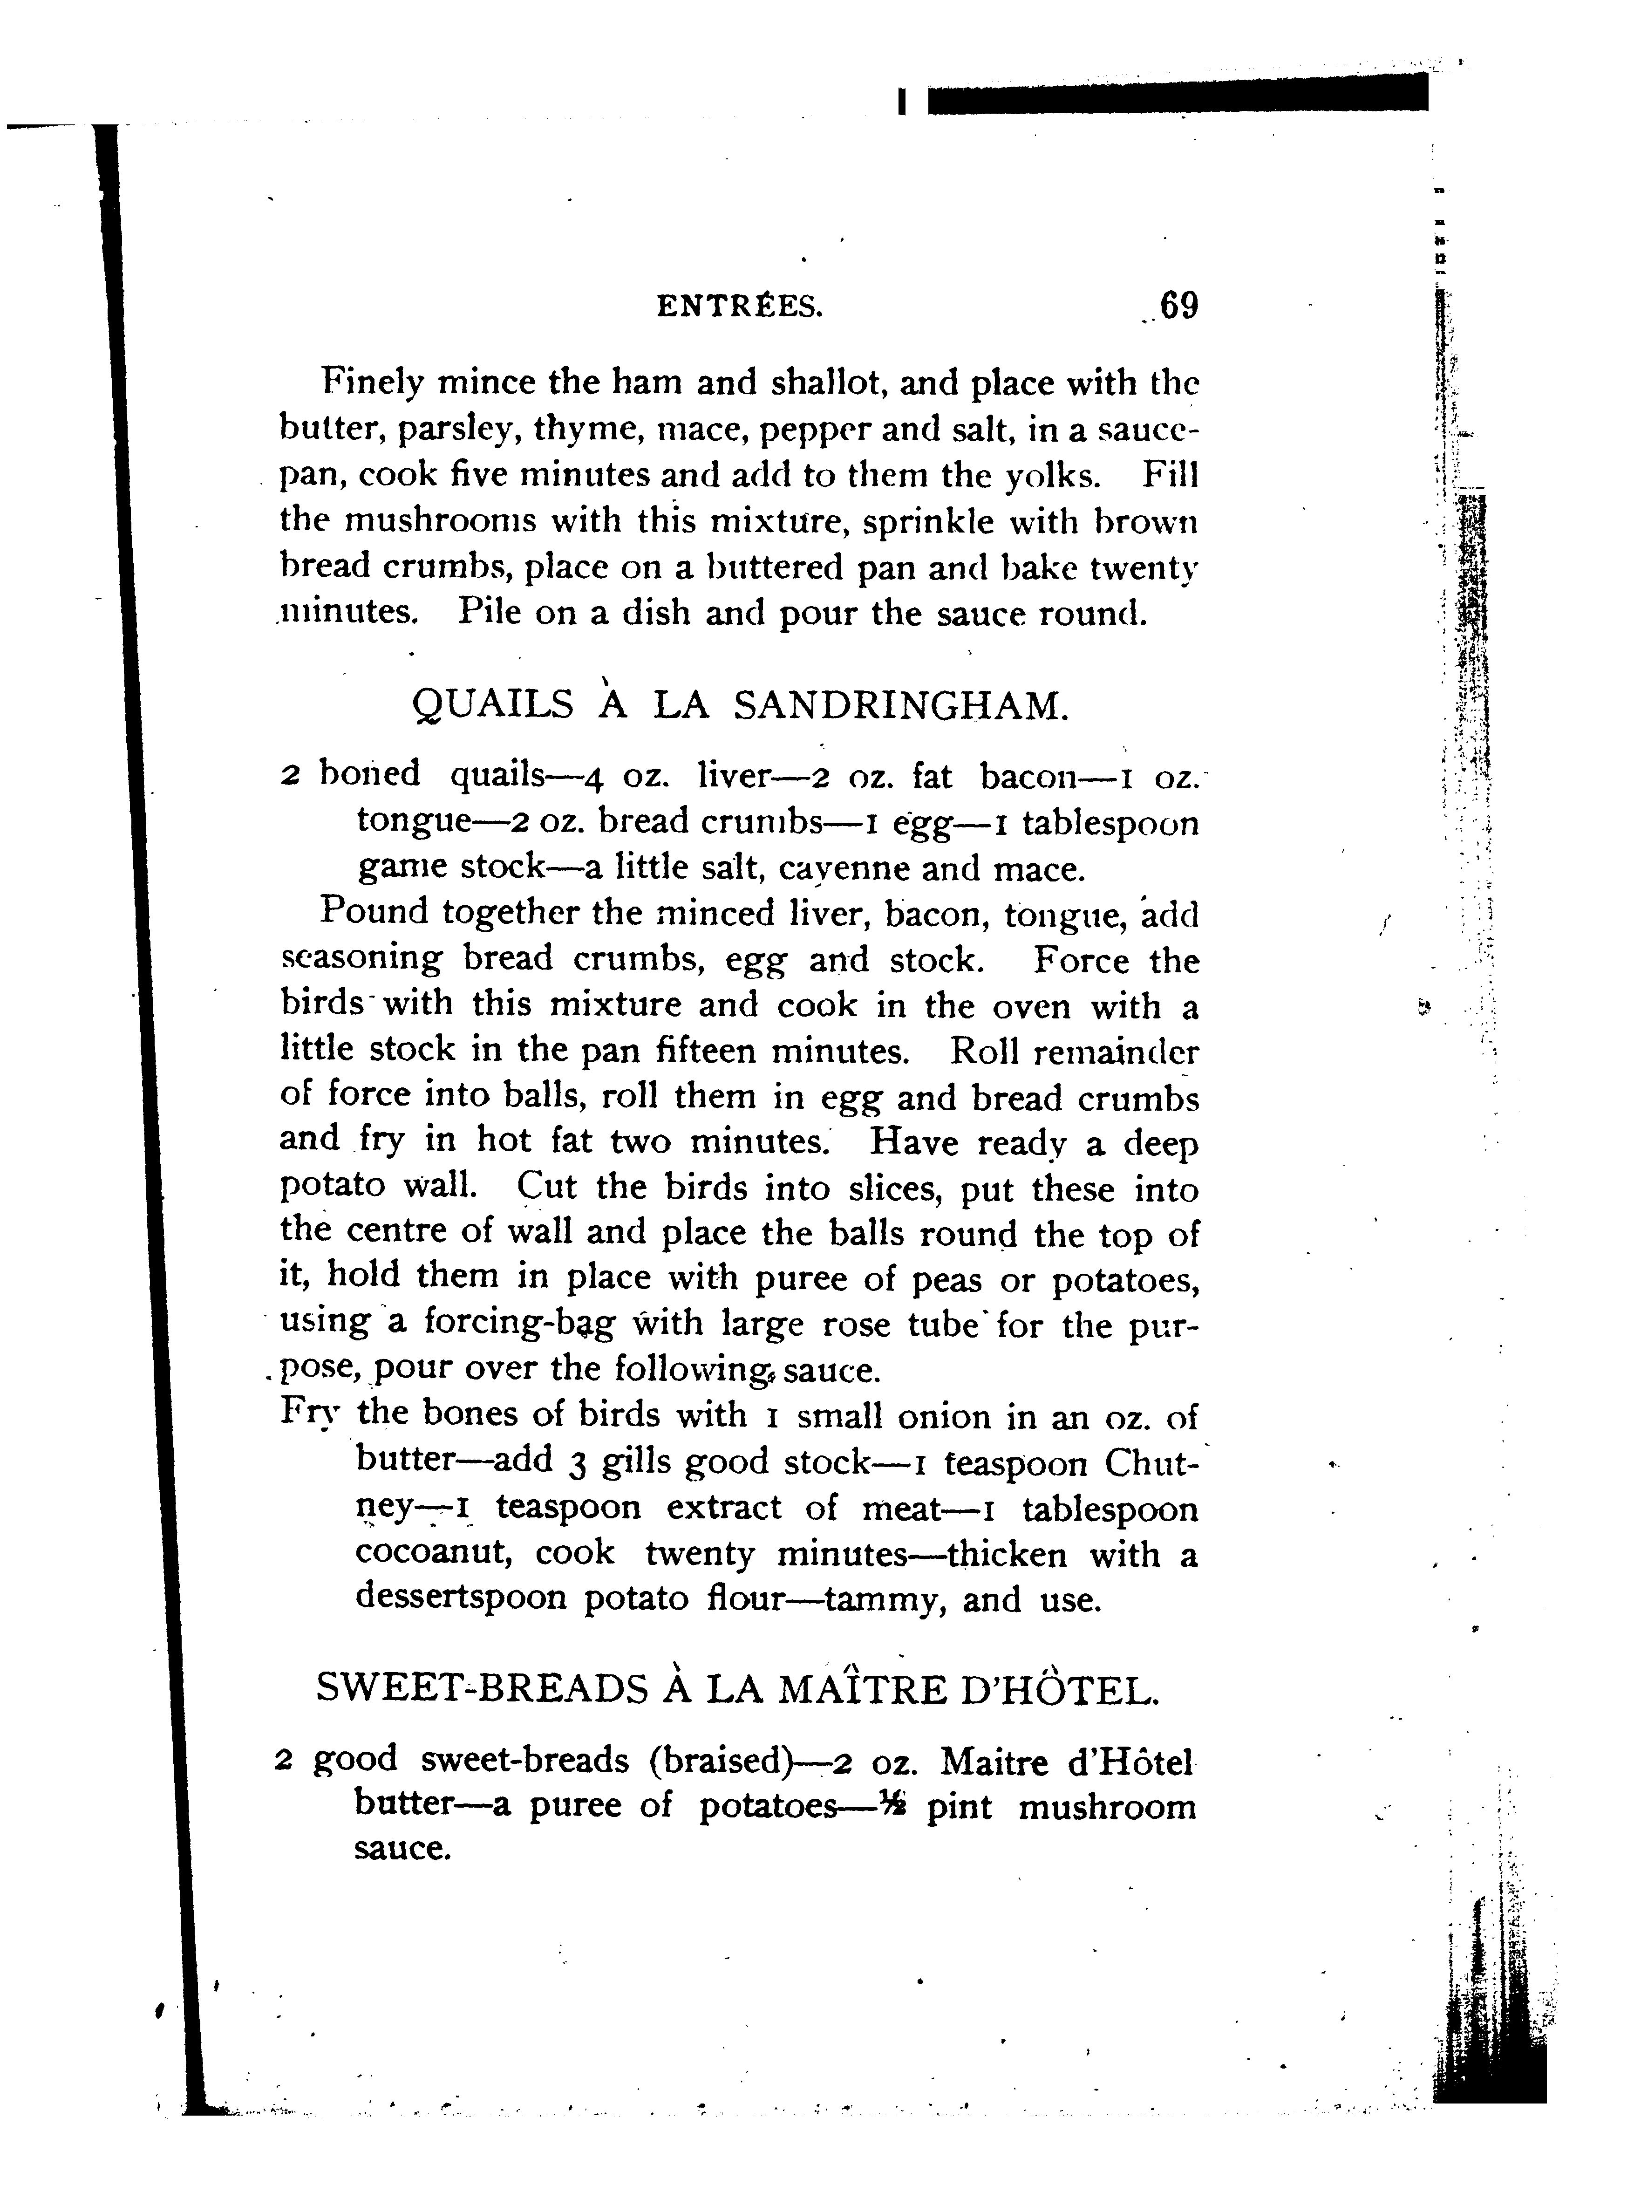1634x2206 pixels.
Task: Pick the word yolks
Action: [1051, 476]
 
